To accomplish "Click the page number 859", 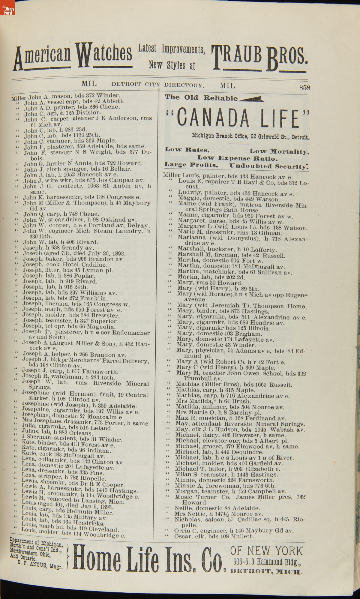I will (304, 88).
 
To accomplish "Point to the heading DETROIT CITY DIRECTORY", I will (158, 85).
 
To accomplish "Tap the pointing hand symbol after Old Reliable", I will (251, 98).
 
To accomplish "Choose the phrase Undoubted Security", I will (269, 166).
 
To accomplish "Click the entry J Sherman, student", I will (72, 439).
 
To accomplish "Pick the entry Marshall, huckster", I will (227, 249).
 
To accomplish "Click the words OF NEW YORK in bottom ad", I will (267, 551).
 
